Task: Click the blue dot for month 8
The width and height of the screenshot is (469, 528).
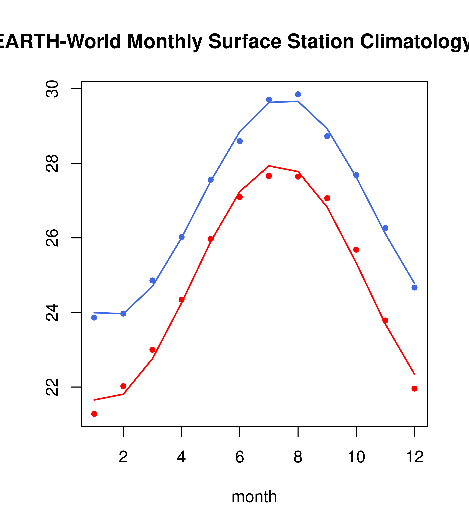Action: [x=298, y=94]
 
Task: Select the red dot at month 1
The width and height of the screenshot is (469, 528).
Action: [x=94, y=414]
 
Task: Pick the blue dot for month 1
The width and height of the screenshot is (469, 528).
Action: [x=94, y=317]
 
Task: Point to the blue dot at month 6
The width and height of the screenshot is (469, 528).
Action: [x=240, y=141]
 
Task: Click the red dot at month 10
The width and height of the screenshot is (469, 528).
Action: [x=356, y=250]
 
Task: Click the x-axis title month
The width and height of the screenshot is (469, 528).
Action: [x=254, y=497]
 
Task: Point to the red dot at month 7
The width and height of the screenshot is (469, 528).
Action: [x=269, y=176]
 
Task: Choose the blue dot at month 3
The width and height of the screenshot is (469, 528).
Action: [x=153, y=281]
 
